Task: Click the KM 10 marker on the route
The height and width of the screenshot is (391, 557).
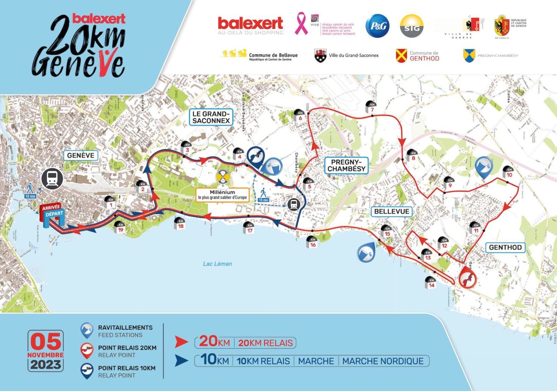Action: (507, 172)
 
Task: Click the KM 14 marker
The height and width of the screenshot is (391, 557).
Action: (431, 282)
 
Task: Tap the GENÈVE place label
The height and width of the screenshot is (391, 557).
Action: (81, 155)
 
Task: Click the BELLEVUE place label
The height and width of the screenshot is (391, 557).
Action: (391, 212)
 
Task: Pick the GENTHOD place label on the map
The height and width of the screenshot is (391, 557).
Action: (505, 247)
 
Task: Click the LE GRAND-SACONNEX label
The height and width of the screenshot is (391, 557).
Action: (211, 117)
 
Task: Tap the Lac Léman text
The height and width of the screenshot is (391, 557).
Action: (218, 263)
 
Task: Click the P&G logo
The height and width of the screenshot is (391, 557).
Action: (377, 26)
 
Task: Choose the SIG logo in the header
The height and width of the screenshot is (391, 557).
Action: (411, 26)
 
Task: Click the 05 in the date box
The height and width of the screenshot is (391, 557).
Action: (46, 343)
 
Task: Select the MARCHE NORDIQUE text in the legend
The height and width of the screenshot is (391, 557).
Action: (383, 361)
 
